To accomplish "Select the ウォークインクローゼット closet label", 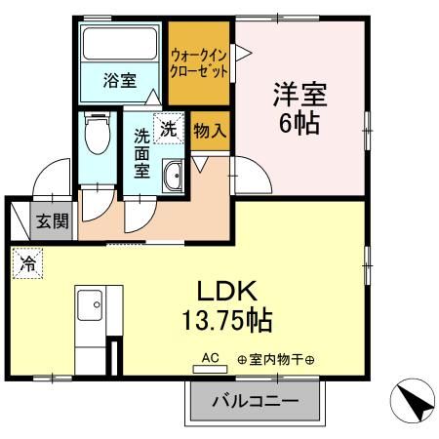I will [200, 62].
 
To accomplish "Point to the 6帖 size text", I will [299, 125].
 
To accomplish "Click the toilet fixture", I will [98, 134].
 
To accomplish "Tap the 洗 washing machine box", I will [169, 128].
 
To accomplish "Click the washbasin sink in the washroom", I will [173, 178].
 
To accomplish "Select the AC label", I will [209, 358].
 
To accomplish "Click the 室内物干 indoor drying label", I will [276, 360].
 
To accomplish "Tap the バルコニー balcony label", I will [254, 401].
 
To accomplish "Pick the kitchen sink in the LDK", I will [89, 304].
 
